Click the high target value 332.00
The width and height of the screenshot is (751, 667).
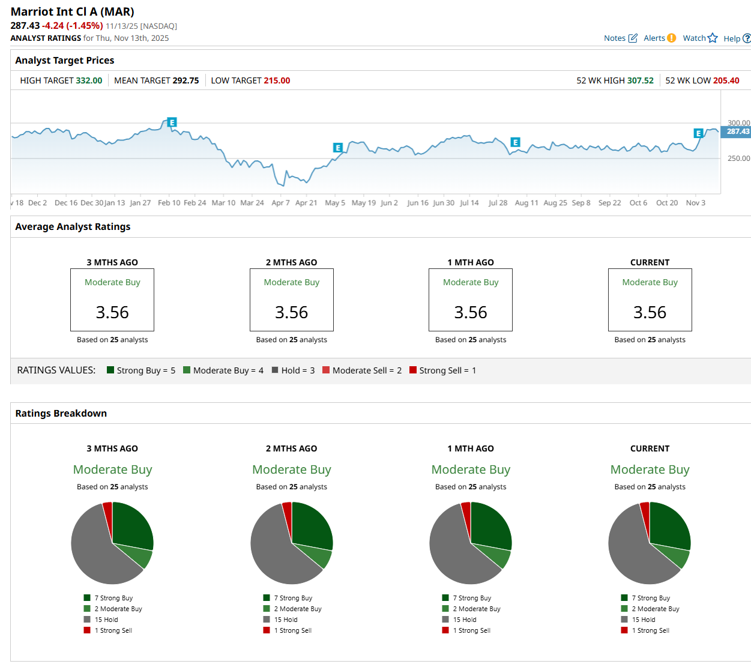pos(89,80)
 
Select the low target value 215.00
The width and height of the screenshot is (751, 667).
pos(277,80)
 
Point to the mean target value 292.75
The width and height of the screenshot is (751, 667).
pos(185,80)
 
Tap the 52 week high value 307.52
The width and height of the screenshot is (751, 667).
pos(640,80)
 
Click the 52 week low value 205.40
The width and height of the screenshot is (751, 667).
pos(726,80)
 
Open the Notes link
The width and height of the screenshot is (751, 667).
pos(620,38)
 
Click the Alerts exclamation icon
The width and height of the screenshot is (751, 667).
pos(671,38)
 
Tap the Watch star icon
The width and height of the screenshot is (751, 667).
pos(713,38)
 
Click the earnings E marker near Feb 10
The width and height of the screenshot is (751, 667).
pos(172,122)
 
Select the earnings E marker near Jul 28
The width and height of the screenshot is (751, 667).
pos(515,142)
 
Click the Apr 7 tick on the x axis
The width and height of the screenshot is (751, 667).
pos(280,203)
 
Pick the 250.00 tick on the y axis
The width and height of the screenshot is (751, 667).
pos(738,158)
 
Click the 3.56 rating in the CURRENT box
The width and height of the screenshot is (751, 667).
pos(650,312)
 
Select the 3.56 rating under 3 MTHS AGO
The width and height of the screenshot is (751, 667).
pos(112,312)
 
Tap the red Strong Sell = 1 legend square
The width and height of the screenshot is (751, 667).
pos(413,370)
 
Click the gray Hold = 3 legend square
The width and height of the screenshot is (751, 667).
pos(275,370)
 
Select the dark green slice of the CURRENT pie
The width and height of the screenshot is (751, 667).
pos(668,525)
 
